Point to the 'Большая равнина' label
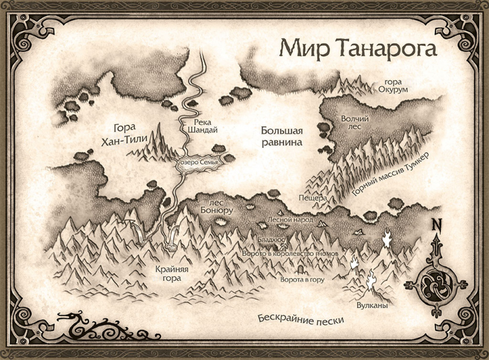(x=281, y=137)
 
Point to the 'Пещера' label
(x=312, y=199)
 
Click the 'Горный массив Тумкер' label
(x=391, y=175)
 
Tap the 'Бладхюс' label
(x=272, y=238)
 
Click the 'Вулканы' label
(x=373, y=306)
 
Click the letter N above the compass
(x=438, y=225)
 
